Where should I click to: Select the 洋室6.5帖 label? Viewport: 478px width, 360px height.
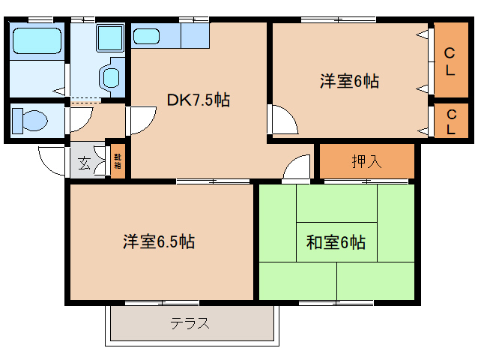pyautogui.click(x=160, y=241)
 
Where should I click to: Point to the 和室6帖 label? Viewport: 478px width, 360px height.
pyautogui.click(x=336, y=242)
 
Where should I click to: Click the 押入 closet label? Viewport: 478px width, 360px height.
pyautogui.click(x=366, y=160)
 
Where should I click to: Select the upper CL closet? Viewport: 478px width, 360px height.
pyautogui.click(x=450, y=60)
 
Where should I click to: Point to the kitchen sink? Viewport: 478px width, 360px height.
pyautogui.click(x=148, y=36)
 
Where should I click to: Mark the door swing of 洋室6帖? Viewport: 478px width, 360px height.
pyautogui.click(x=282, y=120)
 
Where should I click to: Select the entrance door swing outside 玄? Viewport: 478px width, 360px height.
pyautogui.click(x=52, y=160)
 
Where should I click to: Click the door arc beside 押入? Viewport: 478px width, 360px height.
pyautogui.click(x=297, y=168)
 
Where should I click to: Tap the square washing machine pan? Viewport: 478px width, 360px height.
pyautogui.click(x=110, y=36)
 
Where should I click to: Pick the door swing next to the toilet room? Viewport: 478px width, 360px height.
pyautogui.click(x=80, y=118)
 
